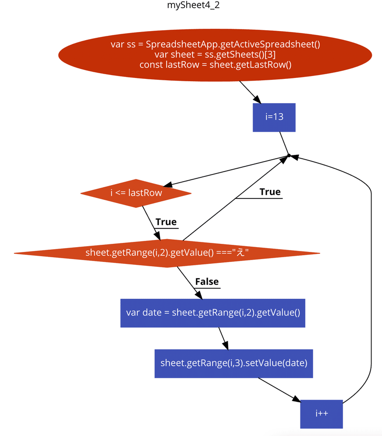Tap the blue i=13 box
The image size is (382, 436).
pyautogui.click(x=274, y=117)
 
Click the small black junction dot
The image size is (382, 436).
pyautogui.click(x=288, y=155)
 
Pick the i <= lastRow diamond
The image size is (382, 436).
pyautogui.click(x=136, y=193)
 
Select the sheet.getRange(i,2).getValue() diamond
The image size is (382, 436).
pyautogui.click(x=167, y=253)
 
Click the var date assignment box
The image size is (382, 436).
pyautogui.click(x=212, y=313)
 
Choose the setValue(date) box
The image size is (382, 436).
pyautogui.click(x=233, y=363)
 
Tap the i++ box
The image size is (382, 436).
pyautogui.click(x=321, y=414)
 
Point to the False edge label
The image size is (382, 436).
pyautogui.click(x=207, y=282)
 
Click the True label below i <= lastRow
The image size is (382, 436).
pyautogui.click(x=166, y=222)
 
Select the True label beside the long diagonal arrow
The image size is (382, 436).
pyautogui.click(x=270, y=192)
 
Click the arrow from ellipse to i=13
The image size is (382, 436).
pyautogui.click(x=249, y=91)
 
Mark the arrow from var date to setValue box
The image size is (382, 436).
pyautogui.click(x=223, y=338)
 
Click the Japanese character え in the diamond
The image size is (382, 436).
pyautogui.click(x=240, y=253)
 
